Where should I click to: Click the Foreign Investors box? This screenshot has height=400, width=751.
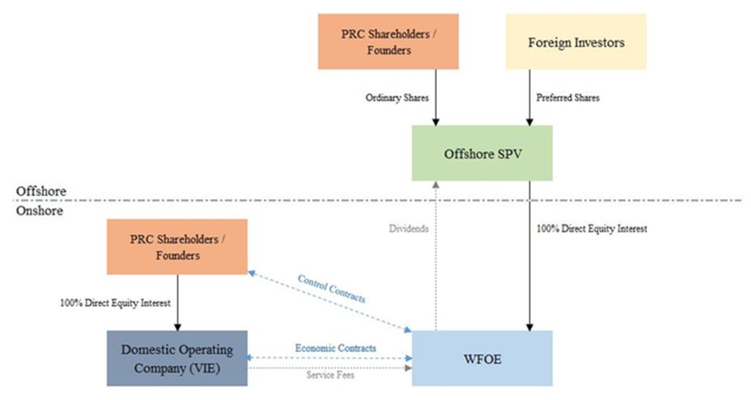(575, 42)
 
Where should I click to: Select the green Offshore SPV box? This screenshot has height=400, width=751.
(481, 153)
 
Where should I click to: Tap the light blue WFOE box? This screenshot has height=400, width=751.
(481, 358)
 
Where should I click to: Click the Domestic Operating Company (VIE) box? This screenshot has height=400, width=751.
(176, 358)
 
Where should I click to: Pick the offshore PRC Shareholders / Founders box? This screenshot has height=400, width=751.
(387, 42)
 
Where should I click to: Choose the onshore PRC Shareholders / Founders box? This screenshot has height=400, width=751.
(176, 246)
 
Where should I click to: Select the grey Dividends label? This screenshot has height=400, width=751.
(407, 228)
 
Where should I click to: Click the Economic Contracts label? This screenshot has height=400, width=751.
(336, 348)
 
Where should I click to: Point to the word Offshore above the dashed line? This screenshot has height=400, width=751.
(41, 191)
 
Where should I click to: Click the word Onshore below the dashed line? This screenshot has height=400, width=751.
(39, 210)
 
